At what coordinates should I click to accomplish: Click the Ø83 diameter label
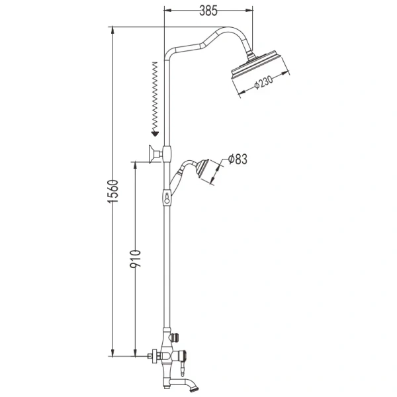point(238,159)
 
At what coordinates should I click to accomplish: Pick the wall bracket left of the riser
point(155,154)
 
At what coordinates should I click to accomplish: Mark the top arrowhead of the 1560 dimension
point(113,30)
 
